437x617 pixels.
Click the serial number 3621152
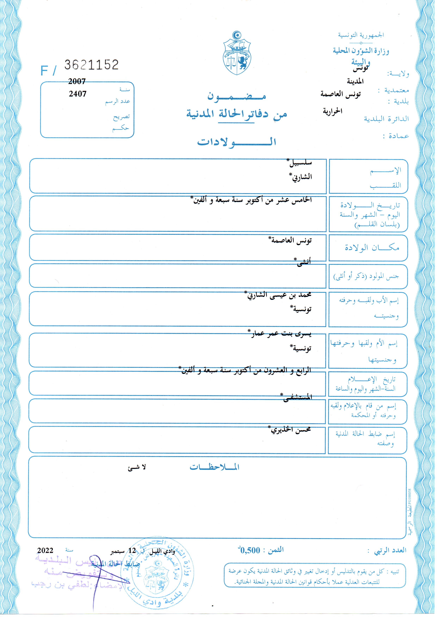point(91,65)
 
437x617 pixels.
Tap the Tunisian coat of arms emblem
point(237,54)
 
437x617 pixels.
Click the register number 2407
point(78,94)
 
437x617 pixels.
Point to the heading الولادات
point(237,142)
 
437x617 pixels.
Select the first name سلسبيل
point(301,163)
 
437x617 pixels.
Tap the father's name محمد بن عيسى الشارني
point(279,295)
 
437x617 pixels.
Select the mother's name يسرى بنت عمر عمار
point(280,334)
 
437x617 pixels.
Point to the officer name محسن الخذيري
point(291,430)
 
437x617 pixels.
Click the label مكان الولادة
point(372,248)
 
